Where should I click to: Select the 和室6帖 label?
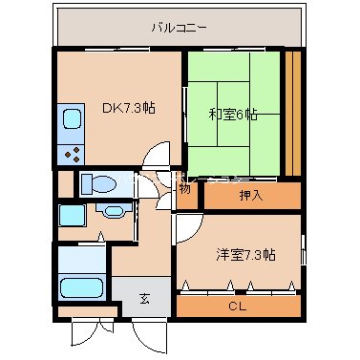click(234, 115)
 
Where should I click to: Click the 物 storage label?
click(184, 188)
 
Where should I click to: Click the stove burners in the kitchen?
click(72, 152)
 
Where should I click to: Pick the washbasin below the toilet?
click(111, 214)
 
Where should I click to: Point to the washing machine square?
click(71, 214)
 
